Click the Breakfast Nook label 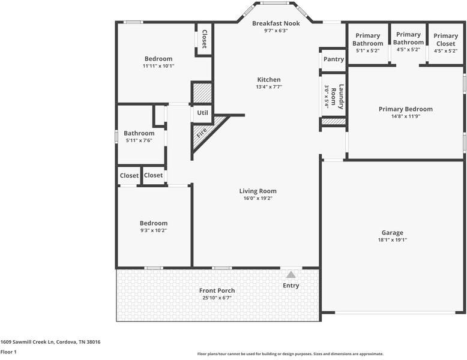[x=276, y=23]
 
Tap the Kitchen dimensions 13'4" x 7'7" [x=269, y=87]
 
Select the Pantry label [x=333, y=59]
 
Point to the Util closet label [x=202, y=113]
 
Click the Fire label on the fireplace [x=202, y=131]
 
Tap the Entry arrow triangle [x=291, y=274]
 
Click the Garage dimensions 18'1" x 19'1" [x=392, y=240]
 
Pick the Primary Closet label [x=445, y=40]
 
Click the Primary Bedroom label [x=405, y=109]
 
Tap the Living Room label [x=258, y=191]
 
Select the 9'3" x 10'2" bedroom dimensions [x=154, y=230]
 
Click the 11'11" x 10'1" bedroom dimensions [x=158, y=66]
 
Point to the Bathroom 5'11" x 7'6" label [x=139, y=133]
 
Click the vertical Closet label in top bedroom [x=204, y=39]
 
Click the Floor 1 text [x=8, y=352]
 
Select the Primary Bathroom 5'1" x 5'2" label [x=367, y=40]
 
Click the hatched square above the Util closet [x=202, y=93]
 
